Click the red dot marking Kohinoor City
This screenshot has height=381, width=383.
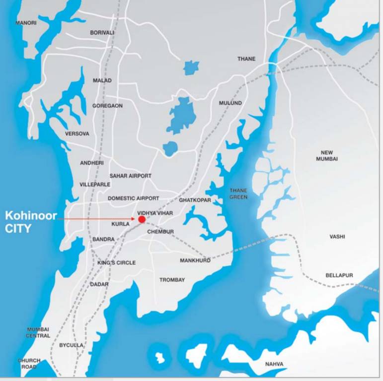(x=142, y=219)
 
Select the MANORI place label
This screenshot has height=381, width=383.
(x=26, y=23)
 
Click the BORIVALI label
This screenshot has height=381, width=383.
(x=102, y=33)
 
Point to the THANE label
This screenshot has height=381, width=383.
(x=246, y=59)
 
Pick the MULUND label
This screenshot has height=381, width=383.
(x=230, y=103)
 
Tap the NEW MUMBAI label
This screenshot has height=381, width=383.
(x=327, y=156)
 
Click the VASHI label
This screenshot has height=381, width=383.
(x=337, y=237)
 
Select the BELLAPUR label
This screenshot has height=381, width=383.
(x=339, y=275)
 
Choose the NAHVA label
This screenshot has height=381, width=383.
(x=274, y=364)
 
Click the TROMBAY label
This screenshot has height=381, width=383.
(x=172, y=280)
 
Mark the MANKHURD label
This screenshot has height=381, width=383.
(x=195, y=260)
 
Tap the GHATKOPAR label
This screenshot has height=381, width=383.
(x=195, y=200)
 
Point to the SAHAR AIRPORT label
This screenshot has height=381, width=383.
(x=130, y=176)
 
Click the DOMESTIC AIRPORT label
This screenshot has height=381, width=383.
(x=134, y=198)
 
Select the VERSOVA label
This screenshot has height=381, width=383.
(x=77, y=133)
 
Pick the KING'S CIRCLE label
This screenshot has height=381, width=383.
(x=116, y=262)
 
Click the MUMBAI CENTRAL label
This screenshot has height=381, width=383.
(x=38, y=332)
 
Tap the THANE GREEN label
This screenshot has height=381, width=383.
(x=238, y=193)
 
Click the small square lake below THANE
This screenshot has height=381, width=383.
(x=191, y=67)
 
